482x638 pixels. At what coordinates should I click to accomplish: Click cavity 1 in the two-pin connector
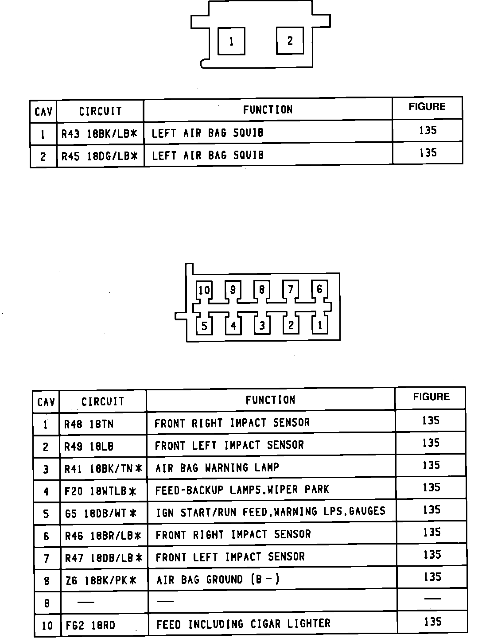coord(231,42)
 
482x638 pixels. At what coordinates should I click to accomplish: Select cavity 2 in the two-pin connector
coord(290,41)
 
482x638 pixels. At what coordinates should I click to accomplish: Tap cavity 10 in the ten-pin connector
coord(204,290)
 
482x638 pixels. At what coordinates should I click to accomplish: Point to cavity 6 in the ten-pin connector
coord(319,290)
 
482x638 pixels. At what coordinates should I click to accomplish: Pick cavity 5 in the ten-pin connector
coord(204,327)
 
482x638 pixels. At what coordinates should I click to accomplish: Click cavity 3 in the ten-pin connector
coord(262,326)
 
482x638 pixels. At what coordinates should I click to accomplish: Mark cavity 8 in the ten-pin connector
coord(262,290)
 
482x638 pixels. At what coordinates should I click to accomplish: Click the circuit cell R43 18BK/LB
coord(100,133)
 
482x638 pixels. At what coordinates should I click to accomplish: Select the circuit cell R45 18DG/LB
coord(100,156)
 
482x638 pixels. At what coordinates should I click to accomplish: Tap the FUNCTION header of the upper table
coord(268,110)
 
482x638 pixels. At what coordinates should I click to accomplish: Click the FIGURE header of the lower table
coord(431,397)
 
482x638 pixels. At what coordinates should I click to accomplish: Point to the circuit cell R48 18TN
coord(89,424)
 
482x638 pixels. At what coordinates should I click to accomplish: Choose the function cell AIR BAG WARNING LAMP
coord(217,468)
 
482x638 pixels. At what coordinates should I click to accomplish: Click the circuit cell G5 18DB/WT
coord(101,514)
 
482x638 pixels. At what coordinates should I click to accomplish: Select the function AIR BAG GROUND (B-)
coord(218,580)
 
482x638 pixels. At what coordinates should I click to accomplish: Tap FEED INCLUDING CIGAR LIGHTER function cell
coord(243,624)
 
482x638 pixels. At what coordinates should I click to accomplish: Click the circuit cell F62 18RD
coord(90,625)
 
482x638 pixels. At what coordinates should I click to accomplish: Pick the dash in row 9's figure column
coord(432,599)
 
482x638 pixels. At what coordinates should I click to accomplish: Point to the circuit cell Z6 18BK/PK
coord(101,580)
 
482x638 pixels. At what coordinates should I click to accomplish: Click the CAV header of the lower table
coord(46,402)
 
